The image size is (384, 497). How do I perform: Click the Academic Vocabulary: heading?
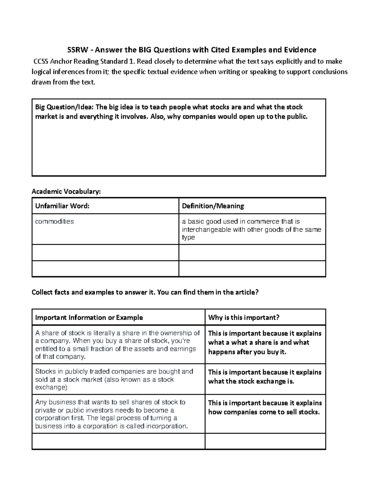(x=66, y=192)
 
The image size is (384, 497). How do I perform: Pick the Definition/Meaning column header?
(x=213, y=206)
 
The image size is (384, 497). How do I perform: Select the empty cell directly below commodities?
(x=105, y=253)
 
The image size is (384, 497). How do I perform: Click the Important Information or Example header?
(x=89, y=317)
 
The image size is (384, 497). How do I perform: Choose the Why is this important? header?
(x=244, y=317)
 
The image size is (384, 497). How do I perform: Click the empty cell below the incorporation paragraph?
(x=118, y=441)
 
